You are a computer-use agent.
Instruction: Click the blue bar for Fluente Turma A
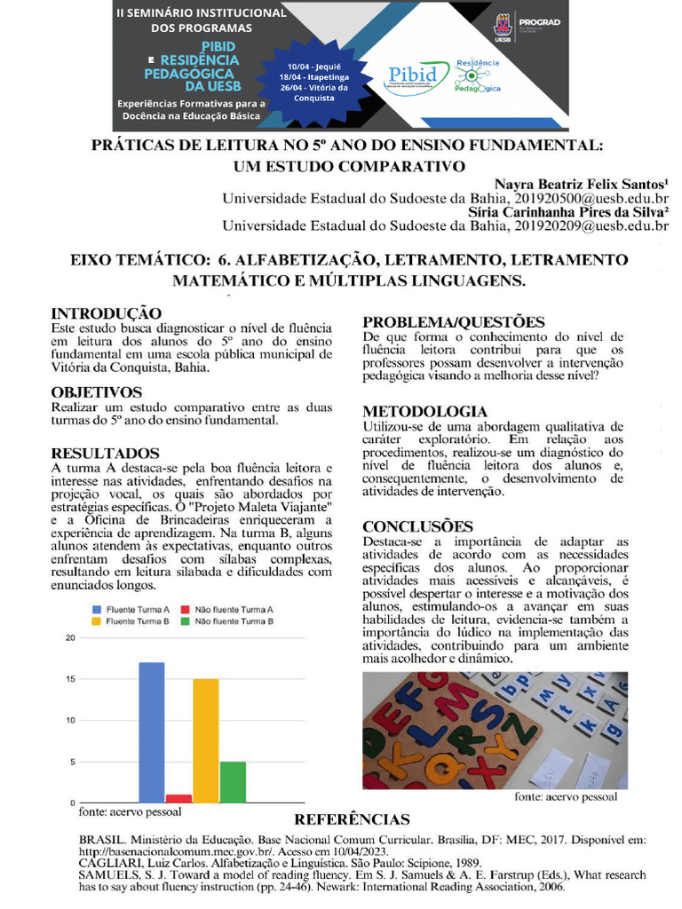[152, 732]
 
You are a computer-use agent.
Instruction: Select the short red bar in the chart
[178, 798]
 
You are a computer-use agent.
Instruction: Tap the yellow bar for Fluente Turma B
[206, 740]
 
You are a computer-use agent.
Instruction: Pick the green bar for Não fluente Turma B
[233, 781]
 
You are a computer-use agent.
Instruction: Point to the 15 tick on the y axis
[70, 679]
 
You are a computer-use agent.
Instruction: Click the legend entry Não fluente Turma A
[233, 609]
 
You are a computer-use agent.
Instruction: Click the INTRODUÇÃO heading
[107, 313]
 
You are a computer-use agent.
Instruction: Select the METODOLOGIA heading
[424, 411]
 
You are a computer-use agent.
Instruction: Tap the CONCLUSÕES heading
[417, 526]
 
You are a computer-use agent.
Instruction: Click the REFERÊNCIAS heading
[352, 819]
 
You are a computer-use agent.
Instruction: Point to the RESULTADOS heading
[105, 454]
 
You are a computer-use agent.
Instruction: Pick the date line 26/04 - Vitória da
[313, 87]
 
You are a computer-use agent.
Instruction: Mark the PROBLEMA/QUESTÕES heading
[453, 322]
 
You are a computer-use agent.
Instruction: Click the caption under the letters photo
[566, 797]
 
